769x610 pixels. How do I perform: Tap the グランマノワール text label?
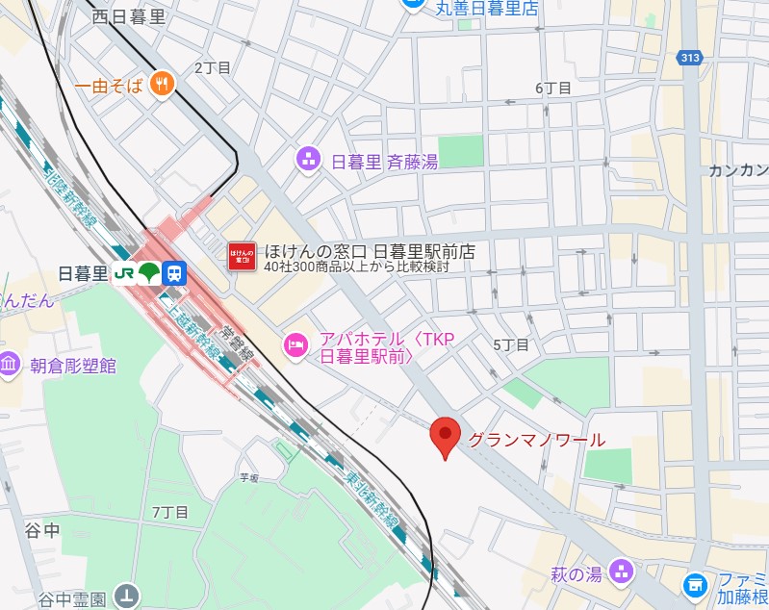click(x=537, y=441)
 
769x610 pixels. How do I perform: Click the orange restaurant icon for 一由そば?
click(x=162, y=85)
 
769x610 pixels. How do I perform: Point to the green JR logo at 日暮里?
click(x=123, y=273)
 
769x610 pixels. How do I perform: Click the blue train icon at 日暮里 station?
click(x=173, y=273)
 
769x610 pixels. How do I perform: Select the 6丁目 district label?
click(x=553, y=88)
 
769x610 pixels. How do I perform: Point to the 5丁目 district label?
click(x=511, y=344)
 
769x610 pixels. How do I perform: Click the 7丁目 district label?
click(x=169, y=511)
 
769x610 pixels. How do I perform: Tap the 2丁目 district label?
click(x=213, y=67)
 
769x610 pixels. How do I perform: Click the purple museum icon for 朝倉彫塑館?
click(x=10, y=365)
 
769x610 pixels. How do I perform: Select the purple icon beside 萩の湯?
click(x=622, y=573)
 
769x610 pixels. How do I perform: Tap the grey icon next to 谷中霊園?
click(x=127, y=596)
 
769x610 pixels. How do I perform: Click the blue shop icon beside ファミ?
click(x=694, y=584)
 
